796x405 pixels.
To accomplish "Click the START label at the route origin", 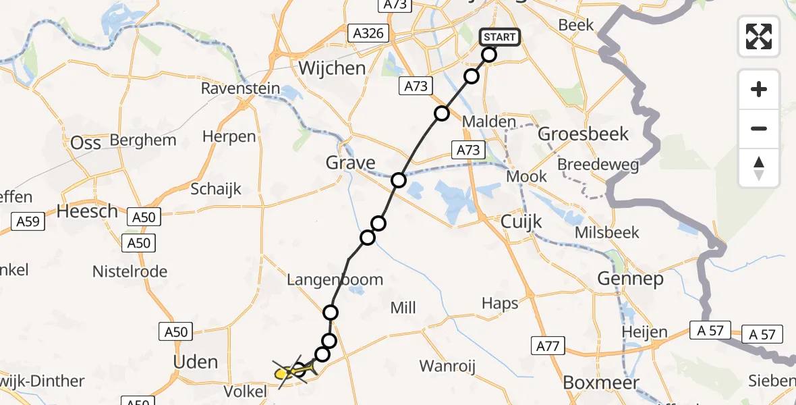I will [500, 37].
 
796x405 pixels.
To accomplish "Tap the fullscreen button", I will [759, 36].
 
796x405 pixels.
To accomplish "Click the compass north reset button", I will [759, 168].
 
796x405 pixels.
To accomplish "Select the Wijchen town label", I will [332, 68].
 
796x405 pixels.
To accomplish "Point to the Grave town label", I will [351, 163].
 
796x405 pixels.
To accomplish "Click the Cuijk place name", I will [522, 221].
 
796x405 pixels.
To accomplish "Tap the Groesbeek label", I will [583, 134].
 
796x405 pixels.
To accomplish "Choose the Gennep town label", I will [629, 278].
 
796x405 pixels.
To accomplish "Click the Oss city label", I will [86, 143].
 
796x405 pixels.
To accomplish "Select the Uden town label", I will [196, 362].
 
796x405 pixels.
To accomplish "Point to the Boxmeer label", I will [601, 382].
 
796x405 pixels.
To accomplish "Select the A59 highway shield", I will [28, 220].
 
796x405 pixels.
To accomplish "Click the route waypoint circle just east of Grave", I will [399, 180].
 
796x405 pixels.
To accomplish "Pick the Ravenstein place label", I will [239, 89].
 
